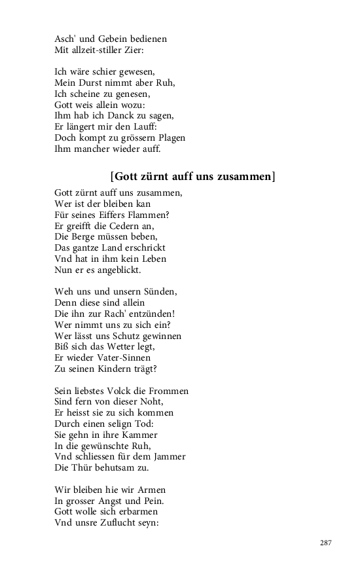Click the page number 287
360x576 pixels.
click(326, 543)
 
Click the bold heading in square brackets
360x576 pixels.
click(192, 175)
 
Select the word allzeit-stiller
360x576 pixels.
click(99, 50)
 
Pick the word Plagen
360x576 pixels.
click(169, 138)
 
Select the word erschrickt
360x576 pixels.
click(143, 247)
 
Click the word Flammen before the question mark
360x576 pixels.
click(149, 215)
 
